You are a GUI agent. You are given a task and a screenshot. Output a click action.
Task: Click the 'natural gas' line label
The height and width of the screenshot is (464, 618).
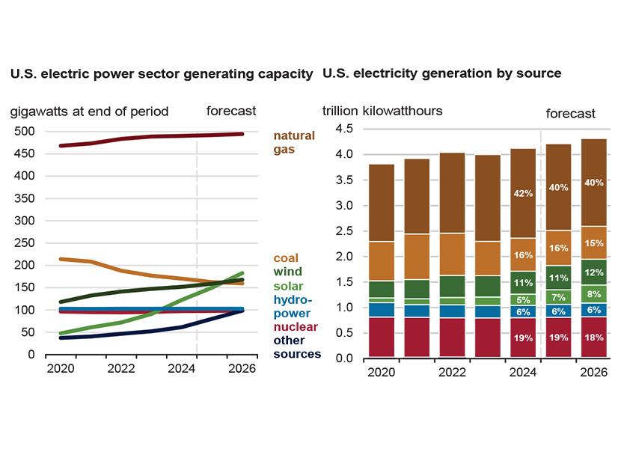(294, 142)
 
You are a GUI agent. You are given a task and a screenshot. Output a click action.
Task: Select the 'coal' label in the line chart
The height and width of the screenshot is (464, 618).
(286, 258)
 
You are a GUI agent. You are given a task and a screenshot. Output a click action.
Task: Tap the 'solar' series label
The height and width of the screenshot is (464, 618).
(288, 286)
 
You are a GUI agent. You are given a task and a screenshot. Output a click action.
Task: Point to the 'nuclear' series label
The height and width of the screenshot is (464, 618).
(295, 327)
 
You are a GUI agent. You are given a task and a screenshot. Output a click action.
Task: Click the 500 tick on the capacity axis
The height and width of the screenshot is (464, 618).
(25, 132)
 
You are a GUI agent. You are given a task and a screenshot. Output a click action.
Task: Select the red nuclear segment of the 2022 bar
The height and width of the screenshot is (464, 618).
(452, 338)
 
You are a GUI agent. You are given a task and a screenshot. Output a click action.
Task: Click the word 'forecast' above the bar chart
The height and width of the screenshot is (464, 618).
(570, 114)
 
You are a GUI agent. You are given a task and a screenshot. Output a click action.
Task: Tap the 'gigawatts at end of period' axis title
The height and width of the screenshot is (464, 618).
(89, 112)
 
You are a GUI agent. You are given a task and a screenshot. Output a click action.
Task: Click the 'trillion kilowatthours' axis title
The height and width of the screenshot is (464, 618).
(382, 111)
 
